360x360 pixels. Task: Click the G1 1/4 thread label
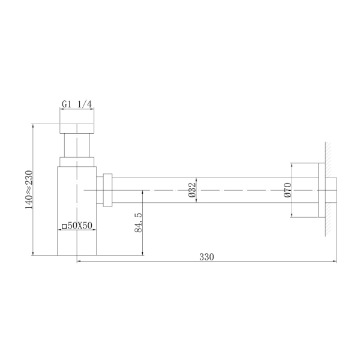point(77,104)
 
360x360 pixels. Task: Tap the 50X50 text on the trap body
point(79,226)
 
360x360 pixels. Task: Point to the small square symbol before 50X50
point(64,227)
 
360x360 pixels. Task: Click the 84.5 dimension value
point(138,222)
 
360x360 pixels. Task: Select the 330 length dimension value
point(206,256)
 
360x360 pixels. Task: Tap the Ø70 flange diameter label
point(287,190)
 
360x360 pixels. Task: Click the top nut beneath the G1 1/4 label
point(77,129)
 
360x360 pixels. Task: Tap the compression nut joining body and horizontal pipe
point(108,190)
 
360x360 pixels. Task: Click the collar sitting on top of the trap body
point(77,161)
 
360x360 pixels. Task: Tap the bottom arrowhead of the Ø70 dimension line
point(292,216)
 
